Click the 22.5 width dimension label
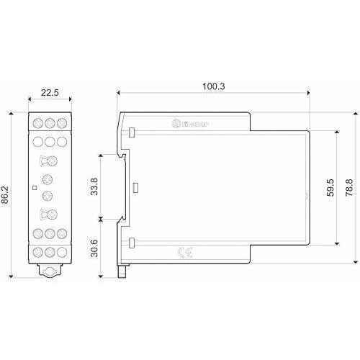50,92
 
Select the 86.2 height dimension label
5,194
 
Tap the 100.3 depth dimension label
214,86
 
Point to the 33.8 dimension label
94,186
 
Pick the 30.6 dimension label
94,248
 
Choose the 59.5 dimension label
330,187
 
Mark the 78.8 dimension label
349,187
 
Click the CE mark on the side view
186,253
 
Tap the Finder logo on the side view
190,124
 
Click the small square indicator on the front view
35,188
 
